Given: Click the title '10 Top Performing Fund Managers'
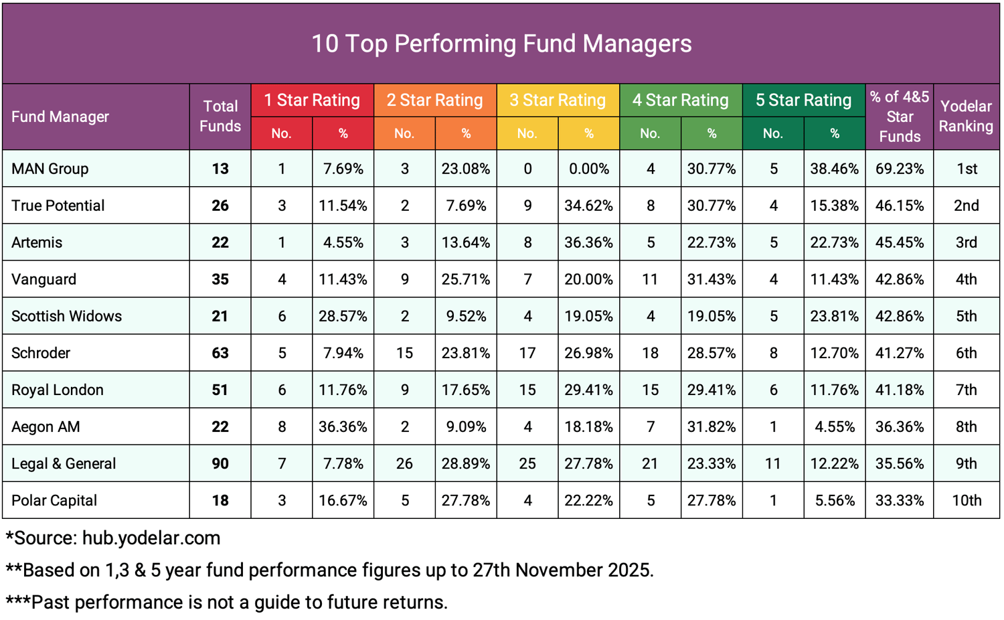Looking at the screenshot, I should click(501, 44).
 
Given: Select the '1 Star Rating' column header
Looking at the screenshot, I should click(312, 100).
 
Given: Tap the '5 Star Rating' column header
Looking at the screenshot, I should click(803, 100).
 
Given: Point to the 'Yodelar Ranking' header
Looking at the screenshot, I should click(966, 117).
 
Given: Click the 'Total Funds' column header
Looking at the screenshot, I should click(220, 117).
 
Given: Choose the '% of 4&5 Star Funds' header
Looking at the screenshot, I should click(899, 117).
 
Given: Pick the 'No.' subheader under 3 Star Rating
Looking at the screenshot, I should click(527, 133).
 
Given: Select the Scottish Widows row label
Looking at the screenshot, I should click(67, 316).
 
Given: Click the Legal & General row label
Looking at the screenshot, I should click(64, 463).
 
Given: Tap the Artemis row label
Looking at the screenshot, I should click(37, 242).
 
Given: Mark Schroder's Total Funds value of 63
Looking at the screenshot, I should click(220, 353).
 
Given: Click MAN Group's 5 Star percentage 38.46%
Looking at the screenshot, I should click(834, 169).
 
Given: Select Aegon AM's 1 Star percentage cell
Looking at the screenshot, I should click(343, 427).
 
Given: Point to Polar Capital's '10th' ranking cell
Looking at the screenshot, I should click(967, 500).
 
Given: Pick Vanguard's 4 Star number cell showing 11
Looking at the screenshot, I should click(650, 279).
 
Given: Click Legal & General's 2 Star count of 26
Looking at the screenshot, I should click(404, 463).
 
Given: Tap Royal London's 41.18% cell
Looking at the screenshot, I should click(899, 390).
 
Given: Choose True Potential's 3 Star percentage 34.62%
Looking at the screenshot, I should click(588, 206).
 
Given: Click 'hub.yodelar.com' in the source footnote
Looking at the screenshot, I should click(151, 538).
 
